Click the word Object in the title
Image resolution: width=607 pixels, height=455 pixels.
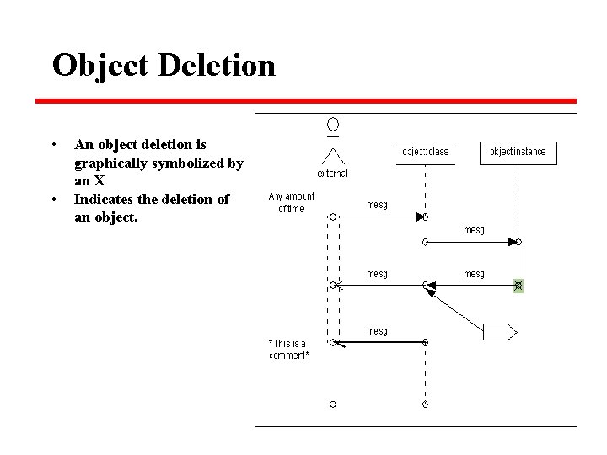click(x=100, y=65)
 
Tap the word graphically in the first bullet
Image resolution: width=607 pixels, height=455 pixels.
click(x=115, y=163)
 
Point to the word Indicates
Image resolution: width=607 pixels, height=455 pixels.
click(x=107, y=199)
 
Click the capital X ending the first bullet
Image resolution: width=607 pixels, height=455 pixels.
click(x=99, y=180)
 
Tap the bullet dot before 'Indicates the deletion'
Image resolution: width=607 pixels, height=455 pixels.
click(x=54, y=200)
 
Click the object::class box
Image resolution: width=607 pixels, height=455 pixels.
click(x=425, y=153)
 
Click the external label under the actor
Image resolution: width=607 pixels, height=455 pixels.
click(x=332, y=174)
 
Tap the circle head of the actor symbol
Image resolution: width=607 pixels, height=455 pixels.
click(x=333, y=126)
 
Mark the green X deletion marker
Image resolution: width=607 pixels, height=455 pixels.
click(x=518, y=286)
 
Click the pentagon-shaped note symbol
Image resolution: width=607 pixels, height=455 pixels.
click(x=498, y=332)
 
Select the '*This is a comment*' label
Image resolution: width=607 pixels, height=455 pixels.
click(x=289, y=349)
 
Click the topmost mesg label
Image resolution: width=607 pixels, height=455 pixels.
click(x=377, y=204)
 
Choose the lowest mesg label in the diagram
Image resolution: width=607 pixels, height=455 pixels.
click(x=377, y=331)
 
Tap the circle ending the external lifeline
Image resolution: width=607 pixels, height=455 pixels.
click(x=333, y=404)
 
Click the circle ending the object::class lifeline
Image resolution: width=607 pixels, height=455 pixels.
click(x=425, y=404)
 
